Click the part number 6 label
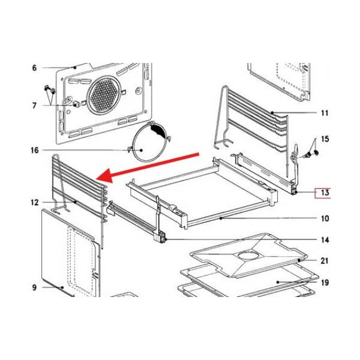pyautogui.click(x=34, y=68)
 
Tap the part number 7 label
pyautogui.click(x=34, y=106)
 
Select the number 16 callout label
pyautogui.click(x=35, y=151)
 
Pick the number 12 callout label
pyautogui.click(x=35, y=203)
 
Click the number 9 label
pyautogui.click(x=34, y=287)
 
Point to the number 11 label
pyautogui.click(x=325, y=113)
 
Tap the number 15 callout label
pyautogui.click(x=325, y=139)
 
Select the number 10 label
pyautogui.click(x=325, y=218)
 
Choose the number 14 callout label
pyautogui.click(x=325, y=240)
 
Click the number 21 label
pyautogui.click(x=325, y=261)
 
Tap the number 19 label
pyautogui.click(x=325, y=283)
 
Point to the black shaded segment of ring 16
pyautogui.click(x=158, y=131)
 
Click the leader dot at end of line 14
pyautogui.click(x=166, y=239)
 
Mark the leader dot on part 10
pyautogui.click(x=221, y=218)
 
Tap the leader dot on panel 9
pyautogui.click(x=62, y=287)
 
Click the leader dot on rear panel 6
pyautogui.click(x=74, y=67)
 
